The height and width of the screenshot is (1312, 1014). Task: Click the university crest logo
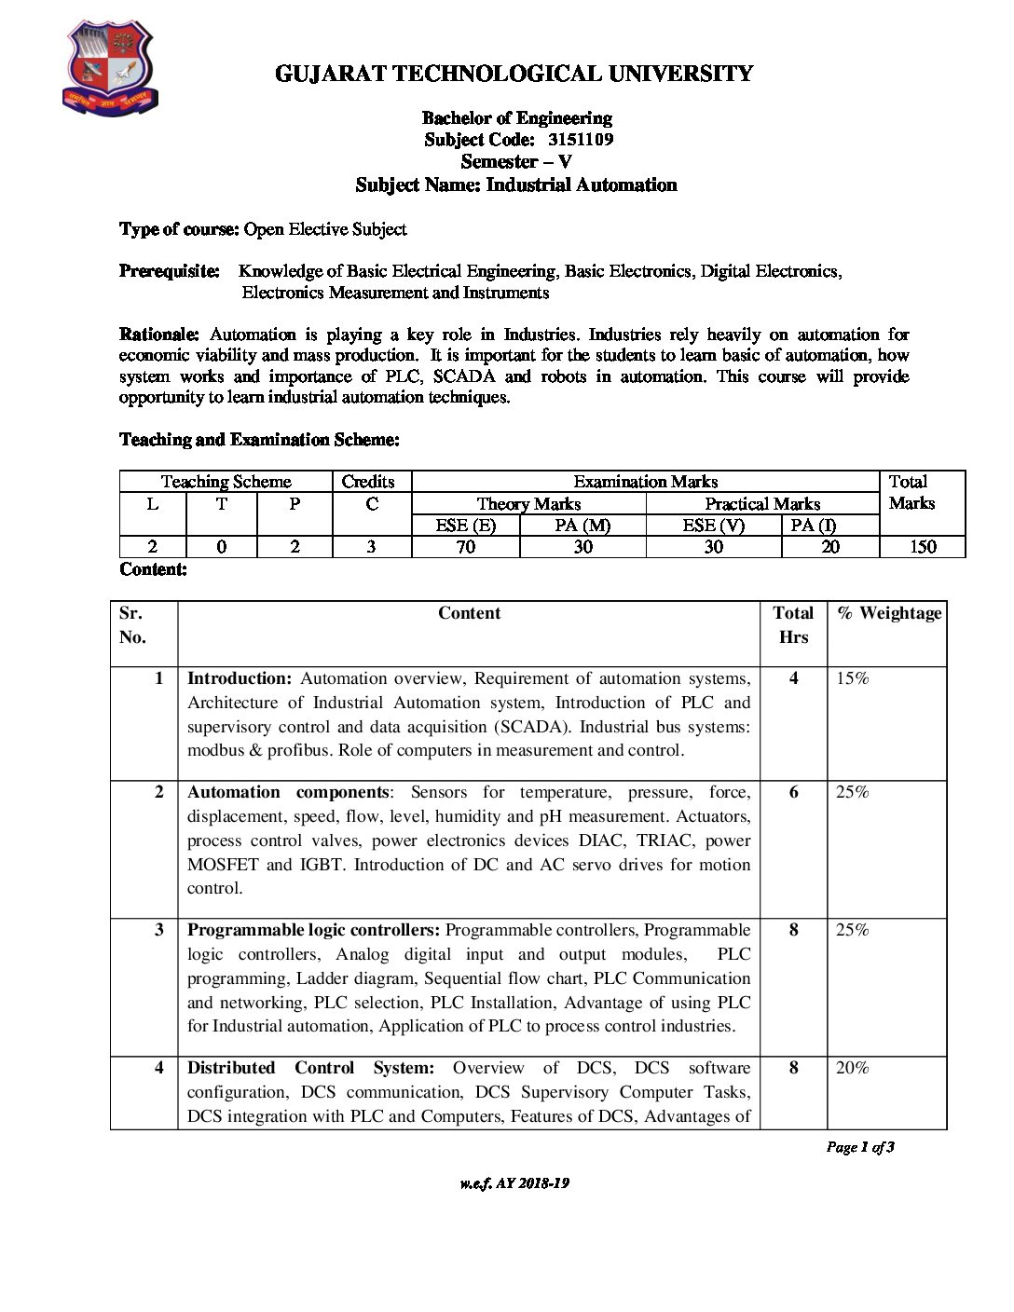109,69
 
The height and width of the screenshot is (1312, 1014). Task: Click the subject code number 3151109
581,140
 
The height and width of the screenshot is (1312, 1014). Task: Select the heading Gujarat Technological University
514,74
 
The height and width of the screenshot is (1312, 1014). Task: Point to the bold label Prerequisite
170,271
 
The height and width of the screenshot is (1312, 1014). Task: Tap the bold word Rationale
158,335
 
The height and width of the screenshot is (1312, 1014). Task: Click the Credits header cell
368,482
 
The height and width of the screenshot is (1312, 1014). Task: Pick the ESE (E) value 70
465,547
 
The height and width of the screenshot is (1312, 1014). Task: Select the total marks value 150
922,547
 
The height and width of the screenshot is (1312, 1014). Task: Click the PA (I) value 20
829,547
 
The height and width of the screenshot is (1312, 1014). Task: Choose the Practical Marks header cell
761,504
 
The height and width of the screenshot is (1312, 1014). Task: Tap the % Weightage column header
889,613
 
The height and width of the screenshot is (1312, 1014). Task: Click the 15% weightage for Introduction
852,678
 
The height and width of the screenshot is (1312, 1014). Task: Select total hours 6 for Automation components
793,792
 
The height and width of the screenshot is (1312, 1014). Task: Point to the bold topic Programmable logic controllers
313,930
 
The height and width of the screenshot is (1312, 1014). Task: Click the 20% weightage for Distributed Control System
852,1068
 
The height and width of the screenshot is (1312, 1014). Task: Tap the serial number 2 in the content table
158,792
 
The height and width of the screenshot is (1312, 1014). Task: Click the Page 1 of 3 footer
859,1147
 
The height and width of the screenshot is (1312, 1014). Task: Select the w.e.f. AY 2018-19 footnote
514,1183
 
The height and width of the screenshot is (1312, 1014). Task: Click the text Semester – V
515,162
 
